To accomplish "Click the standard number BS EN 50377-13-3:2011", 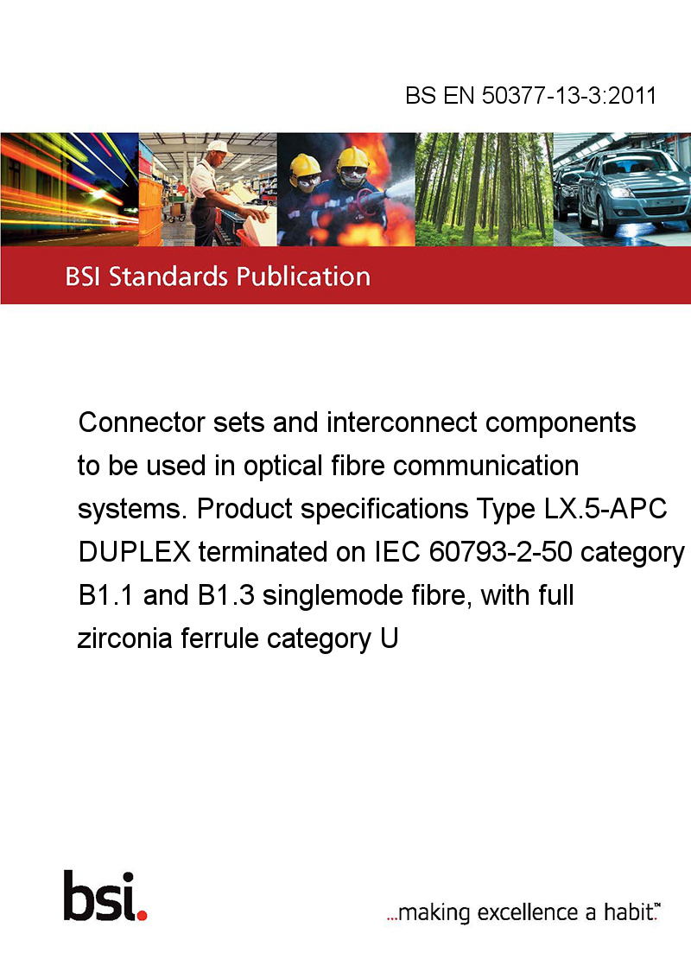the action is pos(530,95).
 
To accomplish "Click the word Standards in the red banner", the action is pos(168,276).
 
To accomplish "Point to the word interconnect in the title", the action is pos(402,422).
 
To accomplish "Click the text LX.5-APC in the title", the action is pos(605,508).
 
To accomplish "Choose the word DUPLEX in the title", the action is pos(134,552).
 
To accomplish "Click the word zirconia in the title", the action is pos(124,638).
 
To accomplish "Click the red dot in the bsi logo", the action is pos(142,915).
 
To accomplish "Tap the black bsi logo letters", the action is pos(100,896).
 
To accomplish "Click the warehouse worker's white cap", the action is pos(218,146).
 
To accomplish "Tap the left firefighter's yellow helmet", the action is pos(305,165).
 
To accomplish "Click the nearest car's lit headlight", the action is pos(620,192).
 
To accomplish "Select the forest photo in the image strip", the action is pos(484,189).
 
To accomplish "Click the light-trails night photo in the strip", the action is pos(69,189).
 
